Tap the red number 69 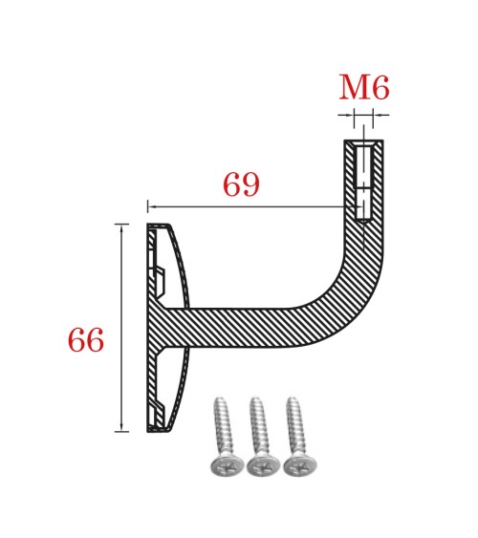pyautogui.click(x=241, y=183)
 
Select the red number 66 pyautogui.click(x=85, y=340)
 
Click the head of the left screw pyautogui.click(x=222, y=466)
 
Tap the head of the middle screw pyautogui.click(x=260, y=466)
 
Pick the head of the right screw pyautogui.click(x=298, y=466)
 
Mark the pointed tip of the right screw pyautogui.click(x=291, y=399)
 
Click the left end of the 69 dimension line pyautogui.click(x=149, y=205)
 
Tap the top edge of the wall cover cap pyautogui.click(x=159, y=226)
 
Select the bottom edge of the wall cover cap pyautogui.click(x=159, y=430)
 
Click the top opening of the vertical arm pyautogui.click(x=363, y=142)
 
